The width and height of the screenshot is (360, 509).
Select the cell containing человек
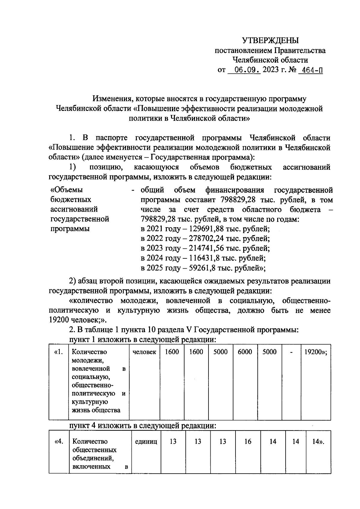coord(144,352)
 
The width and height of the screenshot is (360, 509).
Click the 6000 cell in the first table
coord(245,352)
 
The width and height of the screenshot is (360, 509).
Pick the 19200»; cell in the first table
coord(316,352)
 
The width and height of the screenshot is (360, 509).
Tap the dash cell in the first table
coord(291,352)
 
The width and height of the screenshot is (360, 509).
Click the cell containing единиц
coord(146,442)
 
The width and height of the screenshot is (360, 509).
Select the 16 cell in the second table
coord(248,442)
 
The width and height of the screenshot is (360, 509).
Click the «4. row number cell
coord(59,442)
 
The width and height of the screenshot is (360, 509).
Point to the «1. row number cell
coord(59,352)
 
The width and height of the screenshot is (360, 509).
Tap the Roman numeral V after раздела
coord(189,330)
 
